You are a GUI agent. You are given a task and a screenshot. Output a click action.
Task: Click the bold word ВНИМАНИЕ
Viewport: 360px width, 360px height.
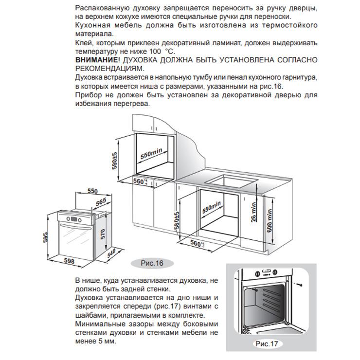coord(96,60)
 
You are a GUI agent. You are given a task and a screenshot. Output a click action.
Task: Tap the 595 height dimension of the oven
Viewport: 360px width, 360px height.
coord(45,237)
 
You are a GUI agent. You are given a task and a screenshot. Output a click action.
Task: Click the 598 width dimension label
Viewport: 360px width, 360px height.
coord(70,261)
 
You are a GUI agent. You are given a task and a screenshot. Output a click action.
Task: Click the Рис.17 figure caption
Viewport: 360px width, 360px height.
coord(266,343)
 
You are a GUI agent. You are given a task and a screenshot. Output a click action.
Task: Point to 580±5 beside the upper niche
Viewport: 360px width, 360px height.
coord(115,161)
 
